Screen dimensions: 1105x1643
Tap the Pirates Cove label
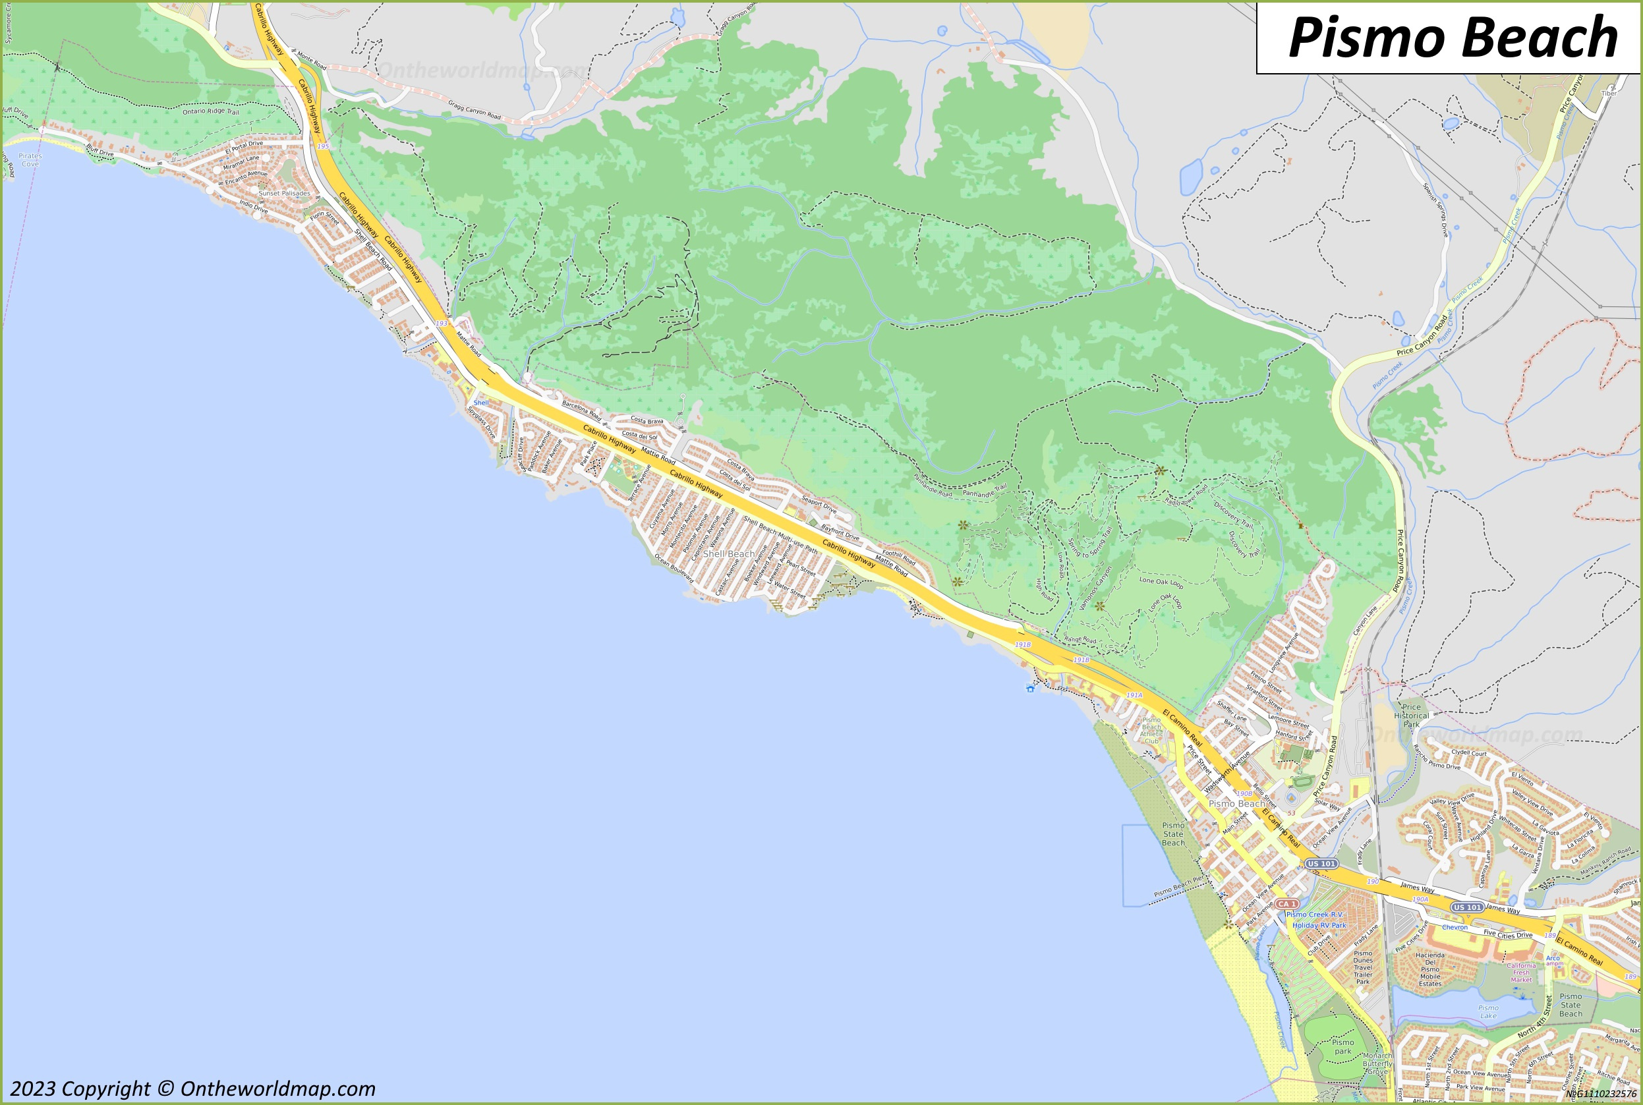tap(30, 160)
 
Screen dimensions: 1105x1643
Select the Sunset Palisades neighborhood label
tap(284, 193)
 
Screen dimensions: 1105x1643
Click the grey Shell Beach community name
tap(728, 554)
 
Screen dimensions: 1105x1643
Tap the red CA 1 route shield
tap(1287, 903)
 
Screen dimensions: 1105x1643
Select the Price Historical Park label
tap(1411, 716)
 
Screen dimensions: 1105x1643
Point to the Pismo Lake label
tap(1488, 1011)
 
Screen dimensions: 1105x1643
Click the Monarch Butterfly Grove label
tap(1377, 1063)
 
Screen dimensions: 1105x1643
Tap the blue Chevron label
tap(1454, 927)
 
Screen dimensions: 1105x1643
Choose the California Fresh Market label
tap(1520, 973)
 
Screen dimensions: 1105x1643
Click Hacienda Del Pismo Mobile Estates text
tap(1429, 969)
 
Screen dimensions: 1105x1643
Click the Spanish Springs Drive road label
tap(1434, 210)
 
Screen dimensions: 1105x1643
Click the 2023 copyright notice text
tap(192, 1089)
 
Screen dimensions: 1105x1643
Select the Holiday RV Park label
tap(1319, 925)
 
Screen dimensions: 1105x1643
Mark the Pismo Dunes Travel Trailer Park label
tap(1363, 967)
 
